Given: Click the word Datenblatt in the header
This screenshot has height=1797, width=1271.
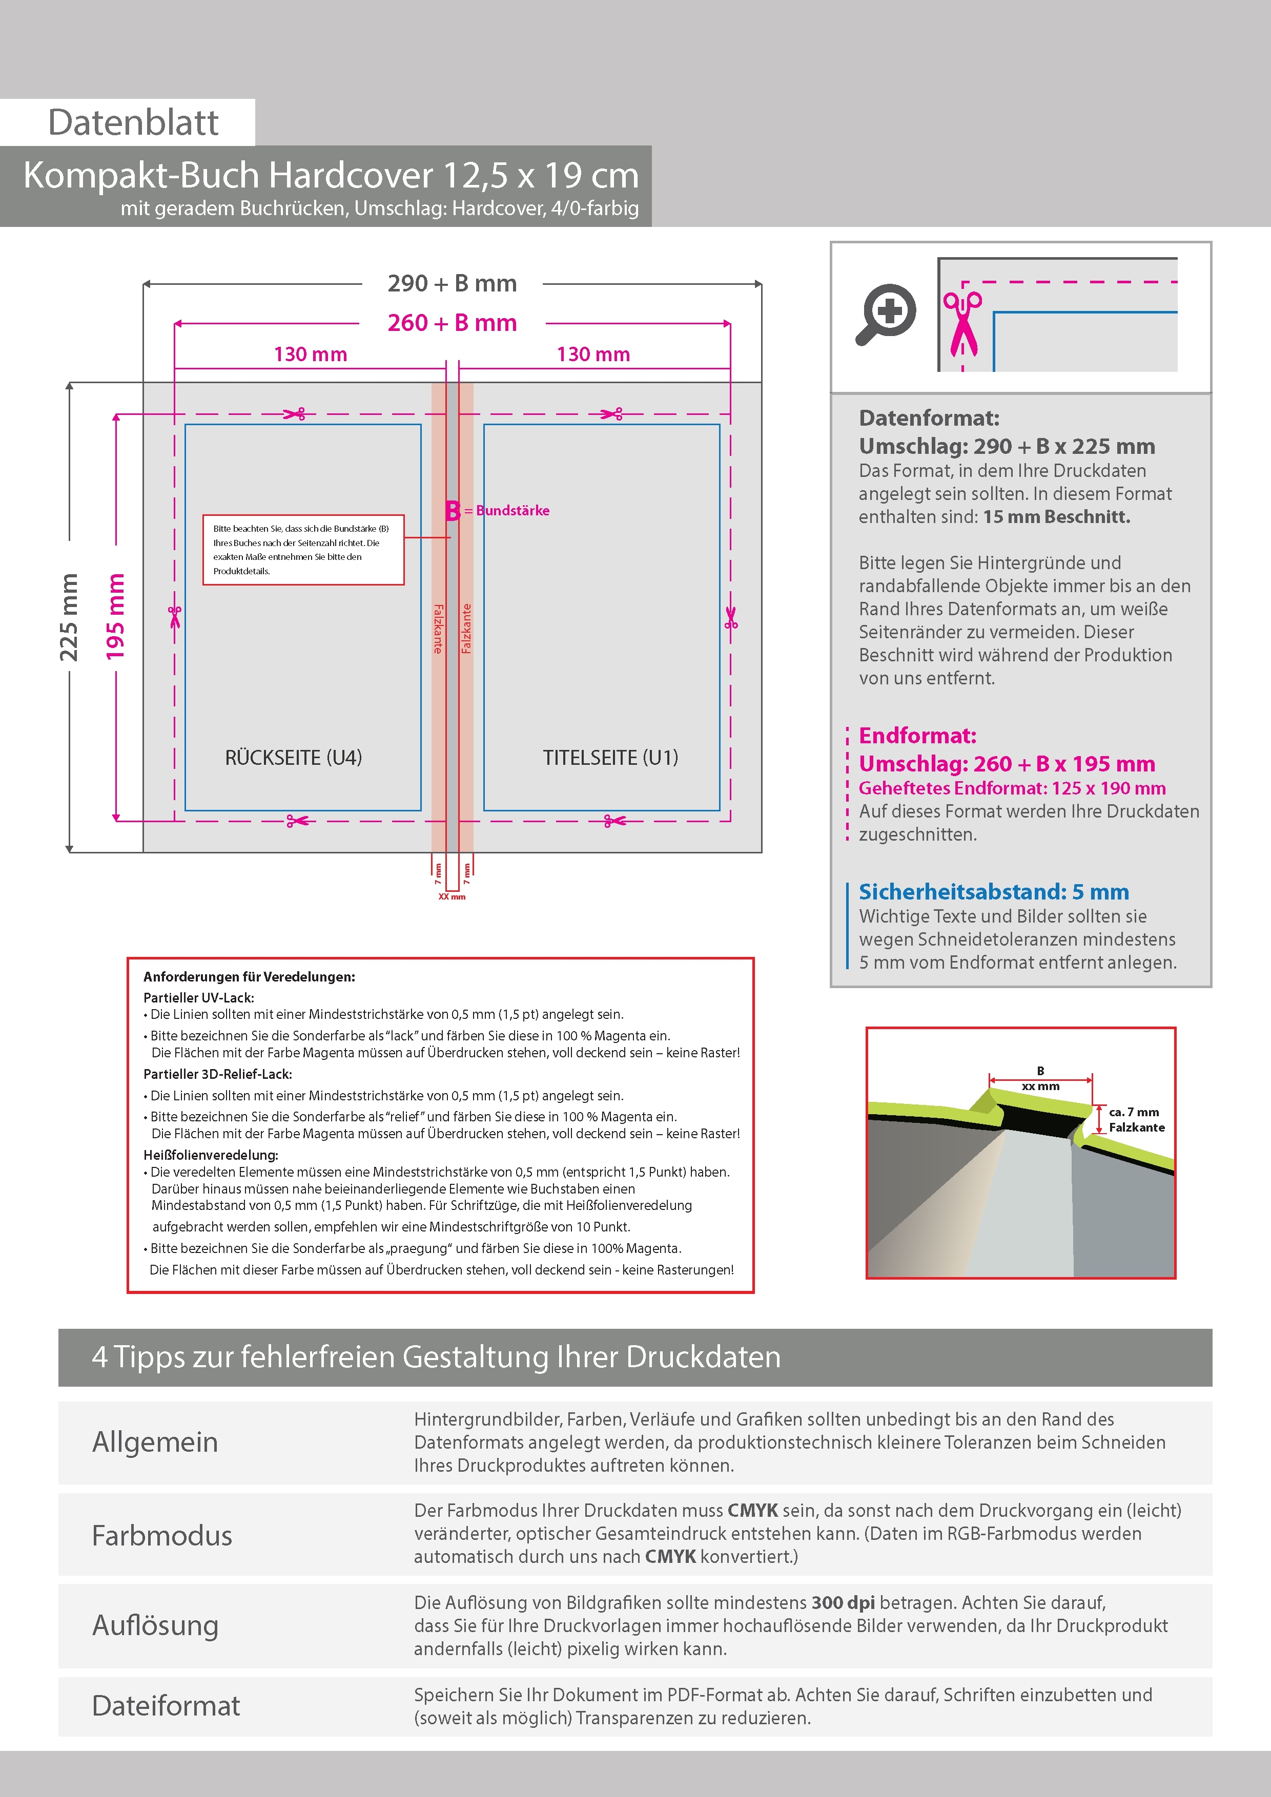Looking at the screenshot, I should [133, 123].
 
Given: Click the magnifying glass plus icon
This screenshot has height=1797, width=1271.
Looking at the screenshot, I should [886, 314].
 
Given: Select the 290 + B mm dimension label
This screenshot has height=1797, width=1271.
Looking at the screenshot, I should [452, 283].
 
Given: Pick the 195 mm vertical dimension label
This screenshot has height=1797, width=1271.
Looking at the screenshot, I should [116, 617].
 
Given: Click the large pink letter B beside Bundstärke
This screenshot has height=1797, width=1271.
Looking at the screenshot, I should [453, 511].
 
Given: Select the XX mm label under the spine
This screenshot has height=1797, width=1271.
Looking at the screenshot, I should [452, 897].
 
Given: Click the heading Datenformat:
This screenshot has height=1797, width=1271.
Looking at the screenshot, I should [929, 418].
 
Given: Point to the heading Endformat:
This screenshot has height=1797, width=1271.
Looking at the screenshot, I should [917, 736].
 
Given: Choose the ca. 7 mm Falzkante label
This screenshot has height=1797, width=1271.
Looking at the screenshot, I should [1136, 1119].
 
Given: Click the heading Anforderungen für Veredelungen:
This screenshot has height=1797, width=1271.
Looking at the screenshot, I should [249, 977].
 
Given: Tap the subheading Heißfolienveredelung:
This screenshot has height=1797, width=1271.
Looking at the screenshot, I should [211, 1155].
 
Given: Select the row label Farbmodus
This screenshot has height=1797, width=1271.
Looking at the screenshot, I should [162, 1536].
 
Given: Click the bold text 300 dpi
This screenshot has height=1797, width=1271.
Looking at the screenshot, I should [843, 1602].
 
